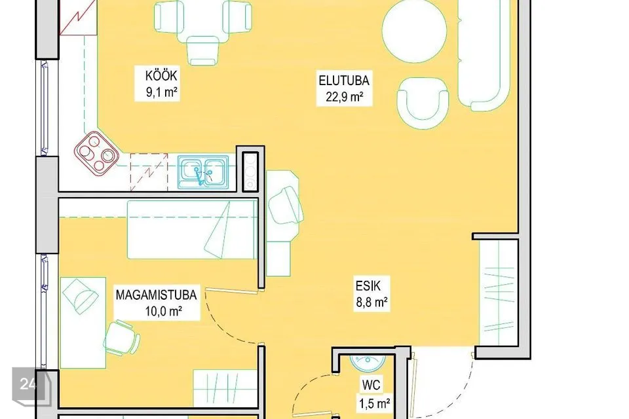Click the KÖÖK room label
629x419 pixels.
coord(161,75)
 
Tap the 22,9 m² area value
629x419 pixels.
coord(344,97)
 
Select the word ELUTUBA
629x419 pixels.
coord(344,80)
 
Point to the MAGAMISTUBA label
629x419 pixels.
coord(156,295)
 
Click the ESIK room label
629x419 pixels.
coord(368,286)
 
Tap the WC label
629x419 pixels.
coord(371,385)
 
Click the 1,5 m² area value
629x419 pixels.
coord(374,403)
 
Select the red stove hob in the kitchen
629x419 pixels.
coord(96,154)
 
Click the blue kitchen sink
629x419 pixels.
coord(203,172)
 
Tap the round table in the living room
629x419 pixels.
coord(414,31)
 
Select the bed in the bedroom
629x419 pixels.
coord(192,230)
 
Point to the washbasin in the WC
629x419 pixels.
coord(367,362)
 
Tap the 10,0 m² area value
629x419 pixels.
coord(164,311)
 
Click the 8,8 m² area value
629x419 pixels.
coord(372,302)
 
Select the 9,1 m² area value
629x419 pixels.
coord(162,92)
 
